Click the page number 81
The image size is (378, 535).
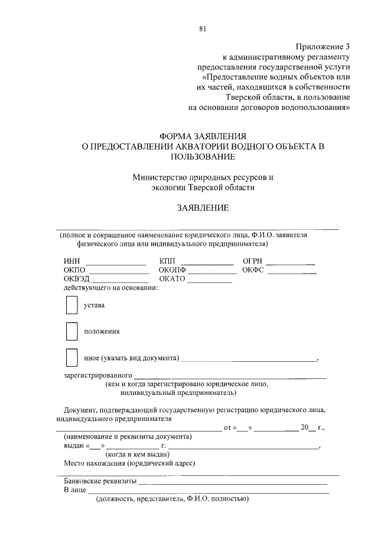(x=203, y=28)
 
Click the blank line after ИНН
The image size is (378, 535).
(x=116, y=262)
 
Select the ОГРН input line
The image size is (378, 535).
(x=290, y=262)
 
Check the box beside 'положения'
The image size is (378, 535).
(x=71, y=332)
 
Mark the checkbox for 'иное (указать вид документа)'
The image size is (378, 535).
(x=71, y=358)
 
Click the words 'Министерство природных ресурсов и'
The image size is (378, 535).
(x=203, y=177)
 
